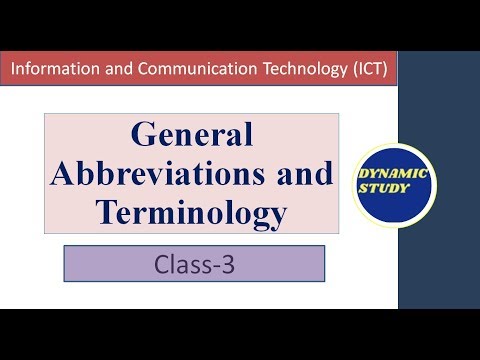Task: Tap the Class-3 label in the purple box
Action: (x=194, y=265)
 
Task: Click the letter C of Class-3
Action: (x=162, y=265)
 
